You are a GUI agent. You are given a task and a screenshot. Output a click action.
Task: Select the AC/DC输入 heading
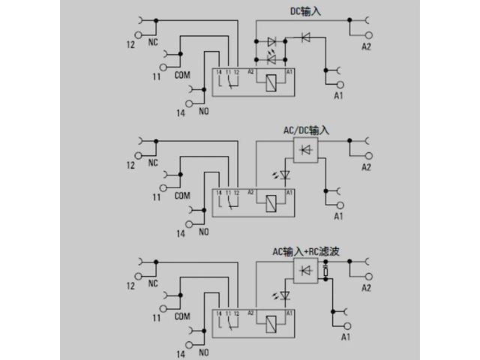click(x=306, y=130)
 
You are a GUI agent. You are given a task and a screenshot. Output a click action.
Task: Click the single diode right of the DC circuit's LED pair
click(x=305, y=35)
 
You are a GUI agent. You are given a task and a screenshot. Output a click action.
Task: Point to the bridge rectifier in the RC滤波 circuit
click(x=304, y=271)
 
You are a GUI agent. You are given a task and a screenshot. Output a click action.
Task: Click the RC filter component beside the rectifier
click(x=325, y=271)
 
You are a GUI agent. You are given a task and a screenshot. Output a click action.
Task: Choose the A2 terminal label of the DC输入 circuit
click(x=366, y=46)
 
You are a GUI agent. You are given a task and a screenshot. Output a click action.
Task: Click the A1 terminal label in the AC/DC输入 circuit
click(x=337, y=217)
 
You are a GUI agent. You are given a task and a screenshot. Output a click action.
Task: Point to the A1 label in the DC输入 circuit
click(x=337, y=96)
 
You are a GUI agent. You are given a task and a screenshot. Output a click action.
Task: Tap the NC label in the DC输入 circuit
click(x=153, y=43)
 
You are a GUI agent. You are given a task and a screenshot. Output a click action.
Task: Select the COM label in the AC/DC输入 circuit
click(x=181, y=196)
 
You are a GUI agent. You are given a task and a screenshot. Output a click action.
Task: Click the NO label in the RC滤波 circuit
click(x=202, y=352)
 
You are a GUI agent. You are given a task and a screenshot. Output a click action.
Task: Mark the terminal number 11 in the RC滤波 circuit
click(x=157, y=318)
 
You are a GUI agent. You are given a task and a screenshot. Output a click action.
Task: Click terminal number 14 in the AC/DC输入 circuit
click(x=181, y=232)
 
